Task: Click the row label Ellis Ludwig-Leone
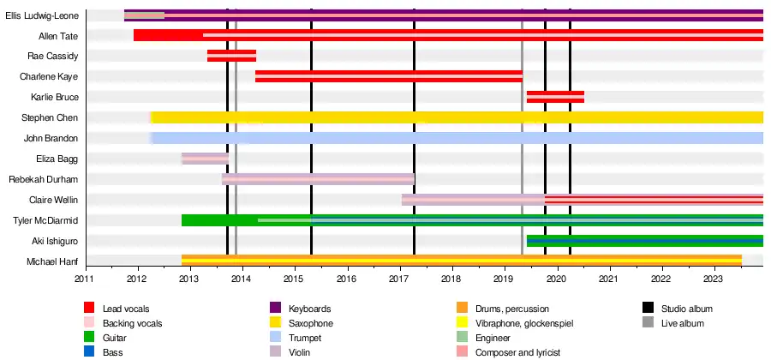coord(42,15)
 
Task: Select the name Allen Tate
coord(58,36)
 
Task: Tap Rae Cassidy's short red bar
coord(231,56)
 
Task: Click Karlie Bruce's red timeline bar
coord(555,97)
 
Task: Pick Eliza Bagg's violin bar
coord(205,159)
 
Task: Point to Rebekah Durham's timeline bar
coord(318,179)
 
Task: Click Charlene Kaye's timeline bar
coord(389,76)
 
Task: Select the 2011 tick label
coord(85,279)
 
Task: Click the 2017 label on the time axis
coord(399,279)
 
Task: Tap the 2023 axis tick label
coord(714,279)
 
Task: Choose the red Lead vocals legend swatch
coord(89,309)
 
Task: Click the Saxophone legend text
coord(310,323)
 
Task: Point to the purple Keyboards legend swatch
coord(276,309)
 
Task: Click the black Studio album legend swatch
coord(648,309)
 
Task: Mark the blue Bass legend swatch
coord(89,352)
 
